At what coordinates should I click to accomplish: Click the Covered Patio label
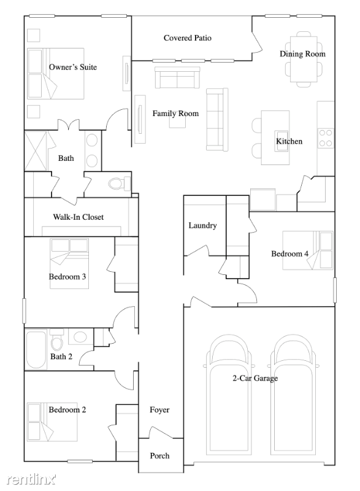point(187,38)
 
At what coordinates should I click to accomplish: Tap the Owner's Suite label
point(73,67)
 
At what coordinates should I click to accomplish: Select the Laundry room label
point(202,225)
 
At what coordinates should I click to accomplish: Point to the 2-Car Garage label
point(255,378)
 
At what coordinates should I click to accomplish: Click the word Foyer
point(159,410)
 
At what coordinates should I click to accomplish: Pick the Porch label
point(159,455)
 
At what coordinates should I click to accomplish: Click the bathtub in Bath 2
point(36,349)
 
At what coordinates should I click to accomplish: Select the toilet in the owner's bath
point(119,184)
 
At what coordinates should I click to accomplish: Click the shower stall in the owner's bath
point(36,151)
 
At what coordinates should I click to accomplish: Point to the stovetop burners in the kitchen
point(325,138)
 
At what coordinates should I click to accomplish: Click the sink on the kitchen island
point(281,141)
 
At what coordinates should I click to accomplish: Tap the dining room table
point(304,59)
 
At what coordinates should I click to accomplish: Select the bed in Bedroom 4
point(308,250)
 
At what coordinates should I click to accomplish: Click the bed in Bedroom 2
point(52,422)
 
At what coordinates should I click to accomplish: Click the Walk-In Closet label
point(78,217)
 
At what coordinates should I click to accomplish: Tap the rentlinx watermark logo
point(31,479)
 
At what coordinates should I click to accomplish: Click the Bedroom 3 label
point(67,277)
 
